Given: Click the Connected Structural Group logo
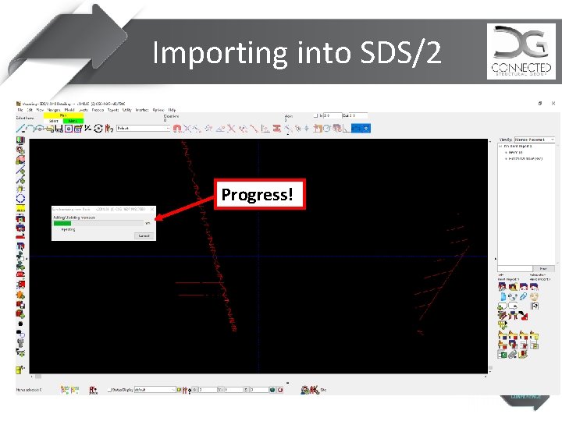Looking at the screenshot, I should point(521,51).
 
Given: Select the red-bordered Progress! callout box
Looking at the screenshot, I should point(258,194).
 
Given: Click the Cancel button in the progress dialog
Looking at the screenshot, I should point(144,235).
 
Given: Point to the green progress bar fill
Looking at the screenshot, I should point(66,223).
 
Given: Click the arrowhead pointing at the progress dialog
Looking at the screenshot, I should point(159,218).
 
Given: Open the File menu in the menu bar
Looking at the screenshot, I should point(21,110).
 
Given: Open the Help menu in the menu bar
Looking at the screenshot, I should point(173,110).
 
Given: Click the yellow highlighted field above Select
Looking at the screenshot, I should point(63,115).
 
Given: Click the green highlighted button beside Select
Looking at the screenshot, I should point(73,121).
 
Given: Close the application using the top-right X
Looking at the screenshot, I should point(552,103).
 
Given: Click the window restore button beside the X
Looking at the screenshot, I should point(540,103).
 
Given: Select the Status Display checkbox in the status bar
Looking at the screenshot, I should point(110,389).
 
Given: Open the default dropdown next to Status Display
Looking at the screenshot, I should point(155,389).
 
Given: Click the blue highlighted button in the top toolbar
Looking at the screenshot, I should point(67,129).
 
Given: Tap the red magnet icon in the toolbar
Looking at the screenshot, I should point(177,129).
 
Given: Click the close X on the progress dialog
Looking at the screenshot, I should point(153,210).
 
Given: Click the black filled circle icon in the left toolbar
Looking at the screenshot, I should point(20,322).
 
